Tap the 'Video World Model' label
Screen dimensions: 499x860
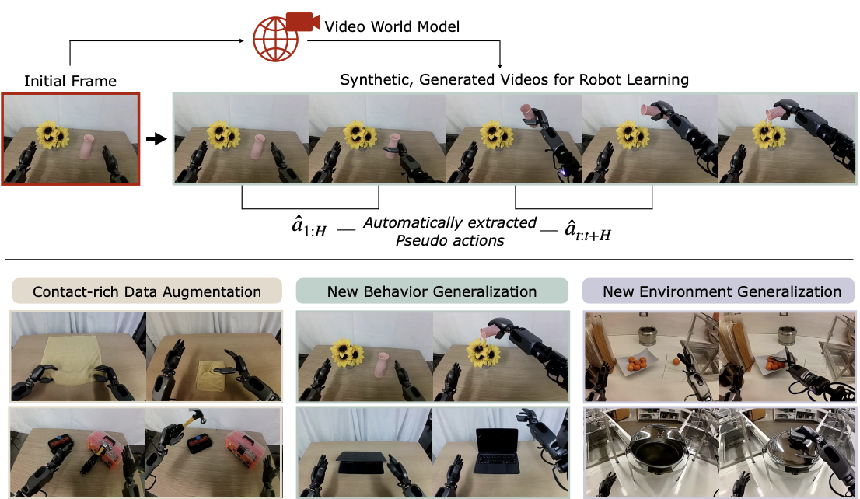(x=392, y=27)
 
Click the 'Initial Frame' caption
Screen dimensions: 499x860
(x=71, y=81)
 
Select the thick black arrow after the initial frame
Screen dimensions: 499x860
(x=157, y=139)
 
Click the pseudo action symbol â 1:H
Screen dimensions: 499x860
(x=309, y=231)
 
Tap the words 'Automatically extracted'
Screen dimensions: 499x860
(x=449, y=223)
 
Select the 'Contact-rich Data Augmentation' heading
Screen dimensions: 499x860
(x=147, y=292)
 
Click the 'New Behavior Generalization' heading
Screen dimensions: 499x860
(x=432, y=292)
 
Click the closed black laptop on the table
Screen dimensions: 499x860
(x=363, y=464)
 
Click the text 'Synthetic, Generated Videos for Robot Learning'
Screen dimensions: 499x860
(x=515, y=79)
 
